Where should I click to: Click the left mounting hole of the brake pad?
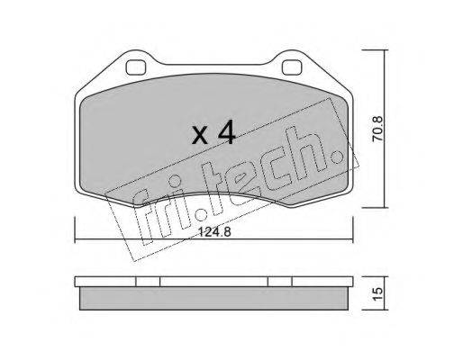(136, 67)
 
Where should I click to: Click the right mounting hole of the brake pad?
(292, 67)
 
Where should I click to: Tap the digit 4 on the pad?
(226, 132)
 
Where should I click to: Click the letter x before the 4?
(200, 135)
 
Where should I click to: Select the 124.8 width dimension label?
(214, 231)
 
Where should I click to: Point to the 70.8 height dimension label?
(377, 129)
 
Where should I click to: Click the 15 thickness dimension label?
(377, 293)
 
